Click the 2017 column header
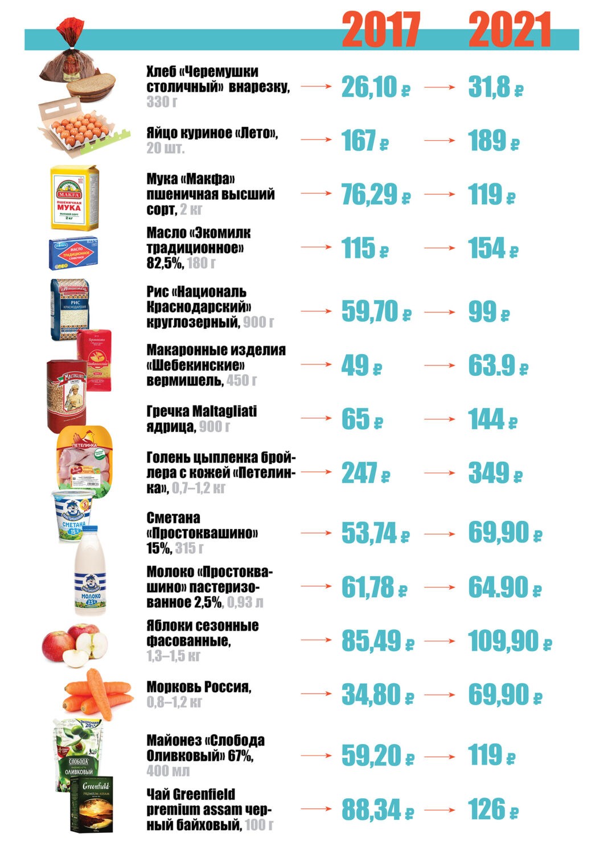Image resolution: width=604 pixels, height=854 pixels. click(x=381, y=30)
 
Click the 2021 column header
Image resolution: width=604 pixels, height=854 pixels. click(x=510, y=30)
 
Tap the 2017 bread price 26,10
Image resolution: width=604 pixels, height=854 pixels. click(x=369, y=87)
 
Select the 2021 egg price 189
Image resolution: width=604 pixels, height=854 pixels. click(x=487, y=141)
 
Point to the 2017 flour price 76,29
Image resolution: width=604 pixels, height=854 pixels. click(x=369, y=195)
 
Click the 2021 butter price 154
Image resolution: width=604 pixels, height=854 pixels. click(x=487, y=248)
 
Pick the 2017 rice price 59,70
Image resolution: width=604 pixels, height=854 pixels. click(x=369, y=311)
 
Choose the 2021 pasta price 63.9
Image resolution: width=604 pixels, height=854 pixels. click(x=491, y=366)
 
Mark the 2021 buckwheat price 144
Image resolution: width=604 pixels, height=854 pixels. click(x=486, y=420)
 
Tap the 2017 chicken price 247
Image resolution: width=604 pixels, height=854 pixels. click(x=359, y=473)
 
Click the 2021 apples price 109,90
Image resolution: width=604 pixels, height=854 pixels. click(x=503, y=641)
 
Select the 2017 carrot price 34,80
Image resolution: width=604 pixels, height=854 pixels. click(x=371, y=695)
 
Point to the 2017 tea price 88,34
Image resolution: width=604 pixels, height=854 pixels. click(x=371, y=810)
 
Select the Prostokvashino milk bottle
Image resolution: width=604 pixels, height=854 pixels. click(x=91, y=572)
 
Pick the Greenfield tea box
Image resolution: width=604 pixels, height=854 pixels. click(x=91, y=804)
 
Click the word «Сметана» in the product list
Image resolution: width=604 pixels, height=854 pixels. click(x=173, y=518)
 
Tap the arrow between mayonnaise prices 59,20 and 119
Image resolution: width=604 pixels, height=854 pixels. click(x=439, y=757)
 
